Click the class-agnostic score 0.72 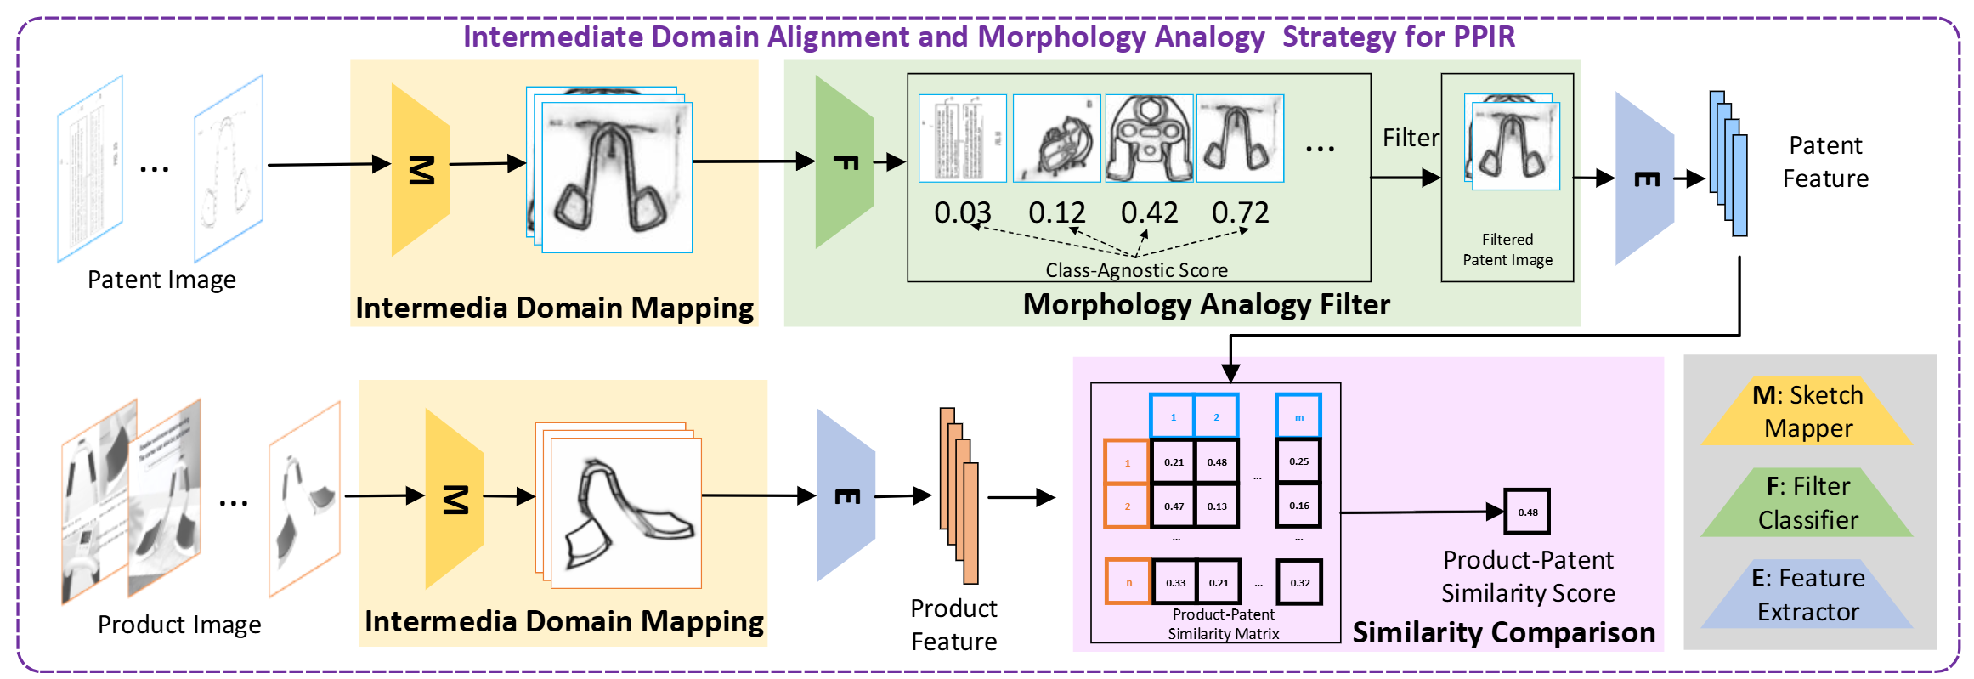(1240, 212)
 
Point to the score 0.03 (962, 212)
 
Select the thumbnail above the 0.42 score (1148, 139)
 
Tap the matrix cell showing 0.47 (1174, 506)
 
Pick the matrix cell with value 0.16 (1298, 506)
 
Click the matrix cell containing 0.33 (1175, 583)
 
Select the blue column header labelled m (1298, 417)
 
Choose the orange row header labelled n (1128, 582)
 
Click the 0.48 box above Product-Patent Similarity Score (1527, 512)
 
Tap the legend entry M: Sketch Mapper (1807, 412)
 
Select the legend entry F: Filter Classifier (1807, 503)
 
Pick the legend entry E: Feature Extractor (1807, 595)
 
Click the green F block (844, 162)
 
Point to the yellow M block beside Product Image (455, 499)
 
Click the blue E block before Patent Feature (1644, 178)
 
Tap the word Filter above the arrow (1411, 138)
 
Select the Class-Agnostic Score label (1136, 270)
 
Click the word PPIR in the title (1484, 37)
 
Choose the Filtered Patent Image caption (1507, 250)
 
